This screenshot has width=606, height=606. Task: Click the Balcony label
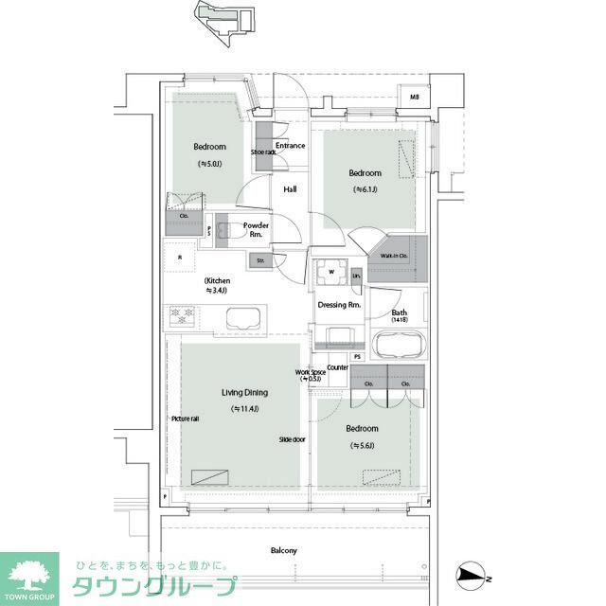point(284,550)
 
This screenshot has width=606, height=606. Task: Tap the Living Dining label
point(244,392)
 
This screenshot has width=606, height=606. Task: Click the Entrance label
point(291,146)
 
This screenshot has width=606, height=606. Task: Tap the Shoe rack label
point(263,152)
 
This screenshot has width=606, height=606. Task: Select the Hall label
point(290,189)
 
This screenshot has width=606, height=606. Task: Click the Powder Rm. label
point(256,229)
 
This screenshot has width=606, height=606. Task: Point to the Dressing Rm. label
point(339,305)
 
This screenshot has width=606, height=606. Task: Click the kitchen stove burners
point(181,315)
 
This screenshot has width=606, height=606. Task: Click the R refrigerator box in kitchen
point(180,257)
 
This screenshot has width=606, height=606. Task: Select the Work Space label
point(312,375)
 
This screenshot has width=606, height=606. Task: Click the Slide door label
point(292,439)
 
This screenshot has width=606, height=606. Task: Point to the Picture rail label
point(185,419)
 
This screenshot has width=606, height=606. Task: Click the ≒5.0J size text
point(209,164)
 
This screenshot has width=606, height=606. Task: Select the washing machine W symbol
point(331,273)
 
